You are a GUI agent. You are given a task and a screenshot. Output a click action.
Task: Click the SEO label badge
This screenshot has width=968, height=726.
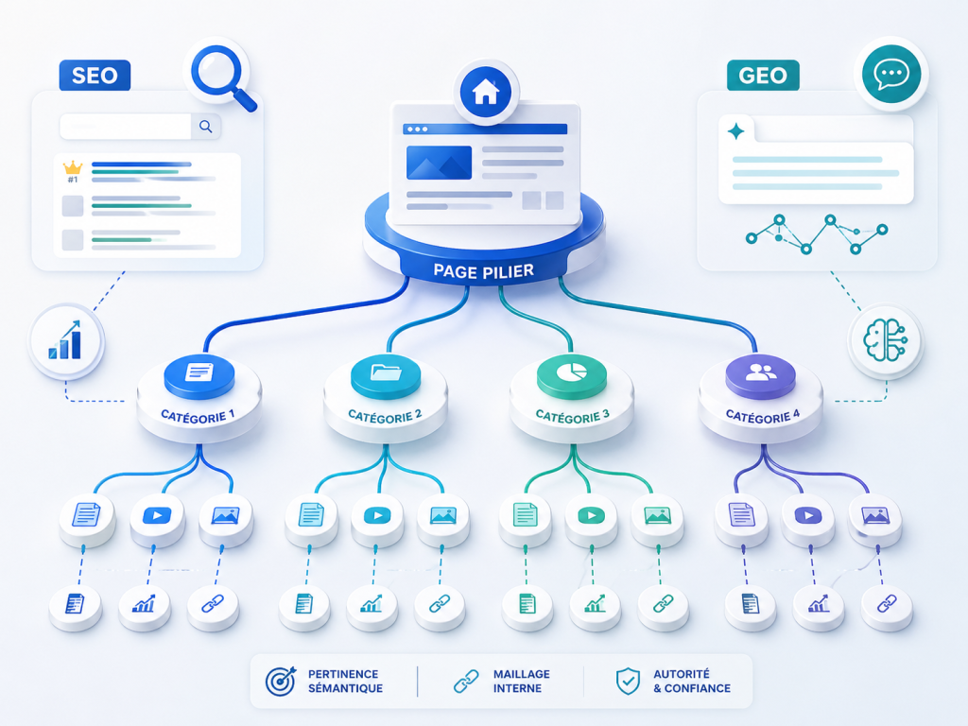(x=95, y=76)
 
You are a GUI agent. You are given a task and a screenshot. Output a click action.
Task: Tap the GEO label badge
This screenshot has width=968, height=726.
(x=763, y=76)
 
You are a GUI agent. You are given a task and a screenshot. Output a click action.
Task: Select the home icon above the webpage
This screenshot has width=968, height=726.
(x=485, y=92)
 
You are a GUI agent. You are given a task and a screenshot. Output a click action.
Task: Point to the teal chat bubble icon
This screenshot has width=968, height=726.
(x=891, y=74)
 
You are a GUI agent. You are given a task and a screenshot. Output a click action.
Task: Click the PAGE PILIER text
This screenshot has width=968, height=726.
(x=483, y=271)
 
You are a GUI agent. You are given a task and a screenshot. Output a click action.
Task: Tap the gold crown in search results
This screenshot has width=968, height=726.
(x=73, y=167)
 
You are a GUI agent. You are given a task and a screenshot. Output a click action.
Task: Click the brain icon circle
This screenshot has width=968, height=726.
(x=885, y=340)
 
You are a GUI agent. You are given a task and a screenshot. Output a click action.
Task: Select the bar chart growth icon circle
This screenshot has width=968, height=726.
(x=66, y=340)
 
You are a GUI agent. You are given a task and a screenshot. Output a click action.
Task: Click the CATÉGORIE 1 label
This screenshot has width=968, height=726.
(x=198, y=416)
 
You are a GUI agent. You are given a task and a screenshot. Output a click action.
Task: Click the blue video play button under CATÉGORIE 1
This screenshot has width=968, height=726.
(x=157, y=515)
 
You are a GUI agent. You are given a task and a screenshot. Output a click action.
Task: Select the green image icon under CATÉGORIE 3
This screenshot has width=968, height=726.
(x=658, y=515)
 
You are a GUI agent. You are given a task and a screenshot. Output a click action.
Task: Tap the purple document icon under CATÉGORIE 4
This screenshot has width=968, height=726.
(x=741, y=514)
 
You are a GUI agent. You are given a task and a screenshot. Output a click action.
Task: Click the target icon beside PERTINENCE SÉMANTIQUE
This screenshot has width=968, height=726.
(x=281, y=681)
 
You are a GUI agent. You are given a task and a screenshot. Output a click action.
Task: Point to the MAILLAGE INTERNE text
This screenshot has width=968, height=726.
(x=522, y=681)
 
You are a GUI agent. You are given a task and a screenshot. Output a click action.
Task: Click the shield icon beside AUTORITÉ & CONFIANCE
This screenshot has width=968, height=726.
(x=628, y=681)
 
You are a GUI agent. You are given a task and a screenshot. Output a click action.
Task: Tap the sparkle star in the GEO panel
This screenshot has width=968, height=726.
(x=735, y=131)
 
